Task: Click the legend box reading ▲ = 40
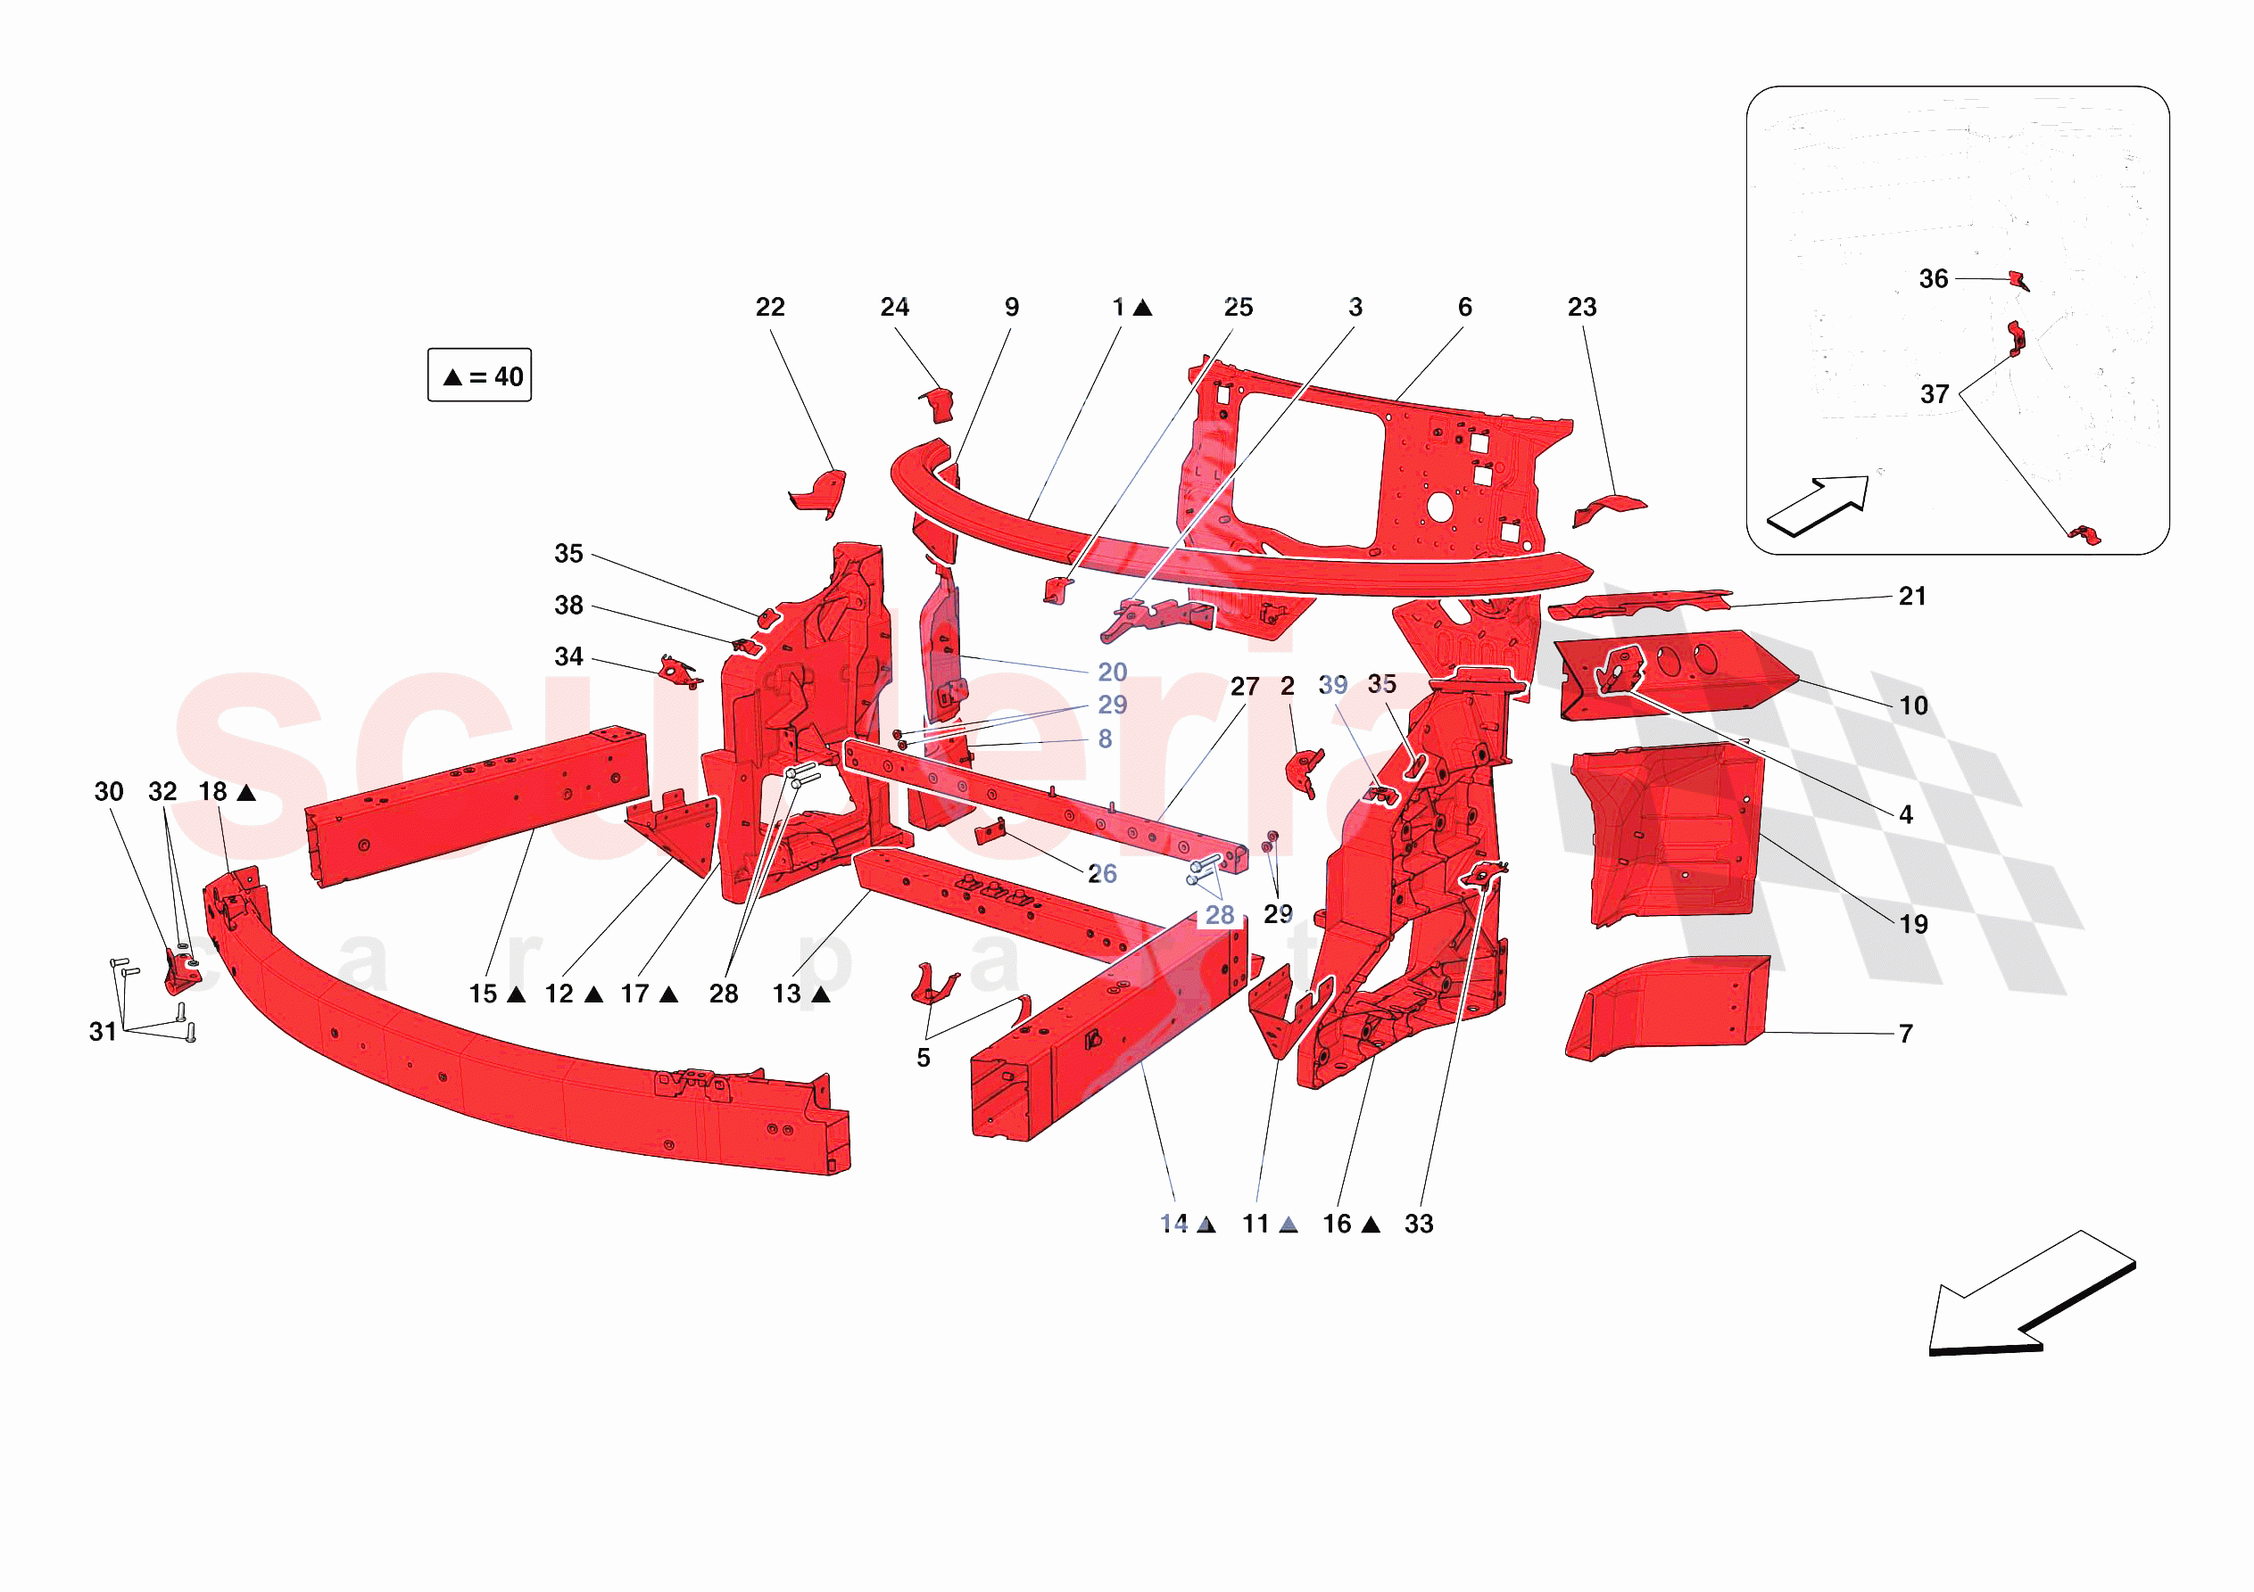(x=479, y=375)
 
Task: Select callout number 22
(x=770, y=307)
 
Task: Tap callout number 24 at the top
(x=894, y=307)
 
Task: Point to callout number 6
(x=1464, y=307)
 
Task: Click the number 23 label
(x=1581, y=307)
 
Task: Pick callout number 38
(x=568, y=606)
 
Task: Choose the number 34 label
(x=568, y=656)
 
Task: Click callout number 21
(x=1912, y=596)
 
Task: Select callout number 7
(x=1905, y=1034)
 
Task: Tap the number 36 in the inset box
(x=1933, y=279)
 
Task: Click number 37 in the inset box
(x=1934, y=394)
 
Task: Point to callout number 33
(x=1419, y=1224)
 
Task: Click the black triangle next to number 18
(x=246, y=792)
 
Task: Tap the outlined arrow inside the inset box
(x=1819, y=506)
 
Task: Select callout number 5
(x=923, y=1058)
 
